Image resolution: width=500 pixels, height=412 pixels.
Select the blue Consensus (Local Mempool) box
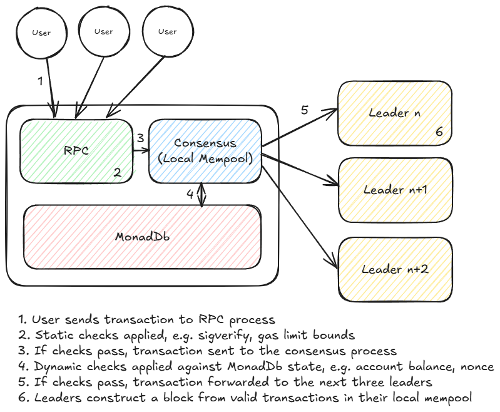(x=204, y=151)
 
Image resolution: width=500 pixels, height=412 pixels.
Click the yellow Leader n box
(x=394, y=113)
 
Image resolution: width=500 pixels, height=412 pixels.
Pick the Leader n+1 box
(x=394, y=189)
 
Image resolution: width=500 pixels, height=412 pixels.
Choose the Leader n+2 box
(x=394, y=269)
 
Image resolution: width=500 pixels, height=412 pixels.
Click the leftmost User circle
(x=41, y=33)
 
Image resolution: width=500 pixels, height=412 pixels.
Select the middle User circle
(x=104, y=31)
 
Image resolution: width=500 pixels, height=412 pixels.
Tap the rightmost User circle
(x=167, y=32)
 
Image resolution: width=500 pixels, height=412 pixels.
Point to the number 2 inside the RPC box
(x=117, y=172)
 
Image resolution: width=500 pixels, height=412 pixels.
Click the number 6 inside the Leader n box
(x=439, y=132)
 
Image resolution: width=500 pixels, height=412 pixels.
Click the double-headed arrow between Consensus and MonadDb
(x=202, y=194)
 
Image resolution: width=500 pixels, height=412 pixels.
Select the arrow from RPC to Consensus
(x=141, y=150)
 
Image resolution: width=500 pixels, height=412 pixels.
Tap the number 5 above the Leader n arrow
(x=304, y=110)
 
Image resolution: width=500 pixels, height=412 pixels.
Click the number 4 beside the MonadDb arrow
(x=190, y=193)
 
